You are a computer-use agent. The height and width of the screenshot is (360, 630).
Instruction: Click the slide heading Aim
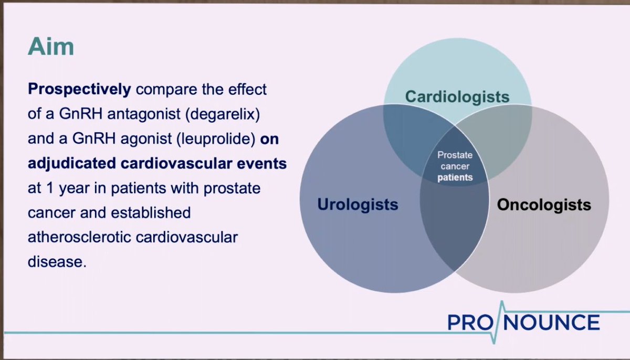pyautogui.click(x=50, y=47)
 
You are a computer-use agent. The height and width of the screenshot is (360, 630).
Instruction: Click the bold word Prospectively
pyautogui.click(x=79, y=89)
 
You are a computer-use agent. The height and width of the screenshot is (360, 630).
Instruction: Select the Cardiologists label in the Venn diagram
pyautogui.click(x=457, y=97)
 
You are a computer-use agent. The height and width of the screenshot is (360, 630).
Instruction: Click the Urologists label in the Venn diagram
pyautogui.click(x=358, y=204)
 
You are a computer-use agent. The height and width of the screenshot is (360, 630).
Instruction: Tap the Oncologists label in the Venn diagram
pyautogui.click(x=544, y=204)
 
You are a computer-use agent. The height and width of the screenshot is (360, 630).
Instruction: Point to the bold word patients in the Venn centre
pyautogui.click(x=455, y=177)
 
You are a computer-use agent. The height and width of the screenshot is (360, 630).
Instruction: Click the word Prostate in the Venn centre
pyautogui.click(x=455, y=155)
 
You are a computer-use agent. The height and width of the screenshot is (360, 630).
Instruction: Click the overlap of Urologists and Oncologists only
pyautogui.click(x=455, y=226)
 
